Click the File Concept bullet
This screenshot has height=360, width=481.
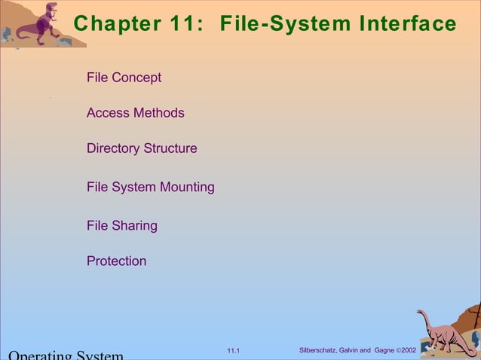click(x=124, y=78)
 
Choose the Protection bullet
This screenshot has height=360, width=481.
click(x=116, y=261)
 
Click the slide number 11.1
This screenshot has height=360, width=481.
click(x=233, y=351)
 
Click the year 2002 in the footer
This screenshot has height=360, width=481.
click(x=409, y=350)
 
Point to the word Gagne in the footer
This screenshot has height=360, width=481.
click(x=384, y=350)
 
